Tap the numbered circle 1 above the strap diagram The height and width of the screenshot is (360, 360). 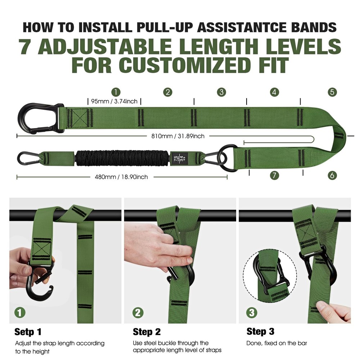116,92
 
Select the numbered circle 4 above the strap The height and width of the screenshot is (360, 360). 274,92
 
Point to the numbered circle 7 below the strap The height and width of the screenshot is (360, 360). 274,175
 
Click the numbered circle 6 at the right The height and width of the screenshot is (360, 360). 332,175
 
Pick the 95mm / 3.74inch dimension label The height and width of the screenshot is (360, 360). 115,102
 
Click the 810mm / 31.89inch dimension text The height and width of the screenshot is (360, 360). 178,136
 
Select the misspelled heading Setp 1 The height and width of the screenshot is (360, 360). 28,331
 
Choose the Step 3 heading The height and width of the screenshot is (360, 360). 261,331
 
